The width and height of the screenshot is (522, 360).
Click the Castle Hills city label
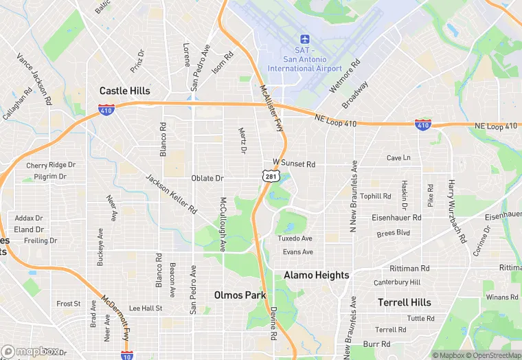[x=124, y=91]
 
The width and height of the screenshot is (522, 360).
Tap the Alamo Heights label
[x=316, y=275]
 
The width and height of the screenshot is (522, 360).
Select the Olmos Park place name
[x=240, y=295]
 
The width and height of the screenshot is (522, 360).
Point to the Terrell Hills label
[x=405, y=302]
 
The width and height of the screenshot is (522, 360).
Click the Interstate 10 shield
[x=126, y=355]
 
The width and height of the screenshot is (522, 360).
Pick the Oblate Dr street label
[x=207, y=178]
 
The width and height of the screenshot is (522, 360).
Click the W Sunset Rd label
[x=294, y=164]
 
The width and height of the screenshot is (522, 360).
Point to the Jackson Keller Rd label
[x=172, y=193]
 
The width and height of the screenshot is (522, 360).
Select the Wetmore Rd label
[x=345, y=76]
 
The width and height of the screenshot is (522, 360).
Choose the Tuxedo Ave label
[x=295, y=238]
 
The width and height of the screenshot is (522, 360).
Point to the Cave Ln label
[x=398, y=158]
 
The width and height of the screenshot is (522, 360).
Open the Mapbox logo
[x=30, y=351]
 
